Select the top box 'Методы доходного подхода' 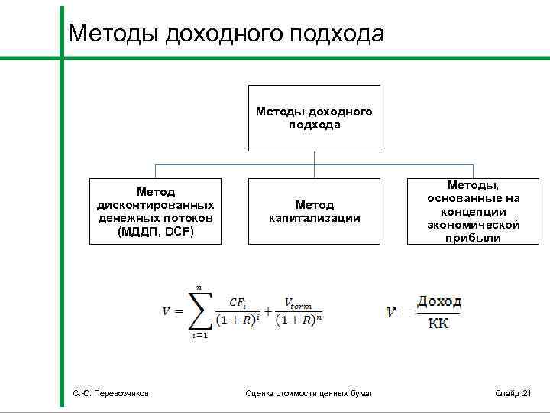pos(314,118)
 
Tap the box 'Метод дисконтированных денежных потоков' pos(155,212)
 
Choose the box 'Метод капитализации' pos(314,212)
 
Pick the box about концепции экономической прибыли pos(474,211)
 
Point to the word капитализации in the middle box pos(314,218)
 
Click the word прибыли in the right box pos(474,238)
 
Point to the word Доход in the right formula pos(438,302)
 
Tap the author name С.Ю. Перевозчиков pos(106,393)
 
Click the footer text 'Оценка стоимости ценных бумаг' pos(309,393)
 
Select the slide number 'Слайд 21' pos(513,393)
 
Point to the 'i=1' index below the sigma pos(200,334)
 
